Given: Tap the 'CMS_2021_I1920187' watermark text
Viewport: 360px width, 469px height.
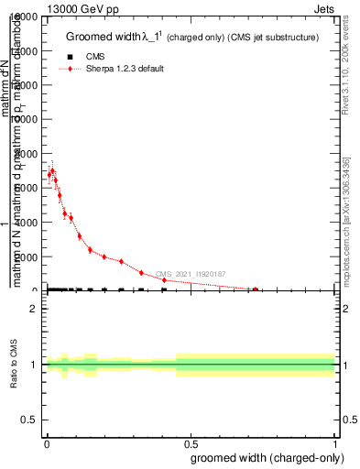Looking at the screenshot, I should [190, 274].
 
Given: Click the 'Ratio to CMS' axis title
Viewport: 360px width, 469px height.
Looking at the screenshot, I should [15, 365].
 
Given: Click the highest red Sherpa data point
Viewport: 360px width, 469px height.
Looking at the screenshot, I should [52, 170].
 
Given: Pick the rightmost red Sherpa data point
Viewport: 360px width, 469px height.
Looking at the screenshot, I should [256, 289].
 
